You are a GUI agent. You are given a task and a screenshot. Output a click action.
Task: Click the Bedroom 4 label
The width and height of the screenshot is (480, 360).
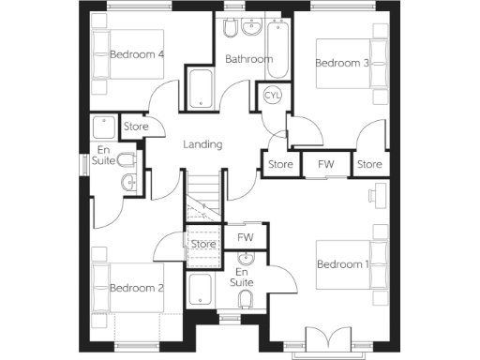(x=137, y=54)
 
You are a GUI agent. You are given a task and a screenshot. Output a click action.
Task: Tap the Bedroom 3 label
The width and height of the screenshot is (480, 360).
(x=341, y=64)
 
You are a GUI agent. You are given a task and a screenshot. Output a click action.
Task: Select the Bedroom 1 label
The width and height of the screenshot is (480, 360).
(x=341, y=264)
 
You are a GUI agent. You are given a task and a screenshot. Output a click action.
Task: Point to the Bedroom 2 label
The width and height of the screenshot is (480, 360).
(x=137, y=288)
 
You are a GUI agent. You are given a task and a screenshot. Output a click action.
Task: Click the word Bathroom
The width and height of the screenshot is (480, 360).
(x=248, y=59)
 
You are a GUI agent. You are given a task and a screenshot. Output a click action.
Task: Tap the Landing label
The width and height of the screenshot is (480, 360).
(x=202, y=144)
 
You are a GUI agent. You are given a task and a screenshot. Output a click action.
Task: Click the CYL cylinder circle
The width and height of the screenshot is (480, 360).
(x=273, y=96)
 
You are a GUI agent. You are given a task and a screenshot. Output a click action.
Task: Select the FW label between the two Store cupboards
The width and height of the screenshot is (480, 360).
(x=325, y=165)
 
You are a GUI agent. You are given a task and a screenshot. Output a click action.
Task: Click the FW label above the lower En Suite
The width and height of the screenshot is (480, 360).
(x=246, y=237)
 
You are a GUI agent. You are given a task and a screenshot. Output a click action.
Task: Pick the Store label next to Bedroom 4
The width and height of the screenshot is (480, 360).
(x=137, y=126)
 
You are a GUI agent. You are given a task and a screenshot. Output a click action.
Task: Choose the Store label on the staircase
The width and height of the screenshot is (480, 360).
(x=203, y=245)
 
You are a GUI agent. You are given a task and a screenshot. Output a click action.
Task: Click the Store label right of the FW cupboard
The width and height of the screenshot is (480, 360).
(x=369, y=165)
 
